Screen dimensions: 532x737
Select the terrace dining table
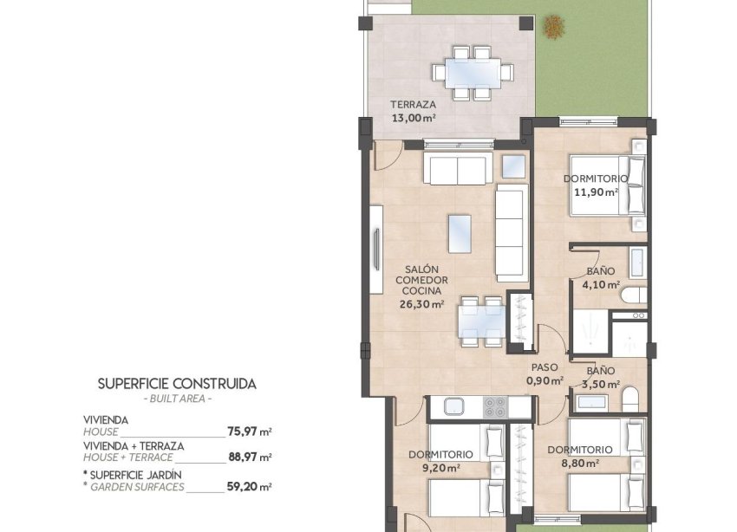point(473,70)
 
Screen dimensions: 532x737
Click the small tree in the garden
point(551,27)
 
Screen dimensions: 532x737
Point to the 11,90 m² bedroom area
point(595,191)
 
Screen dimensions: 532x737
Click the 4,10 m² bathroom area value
point(601,284)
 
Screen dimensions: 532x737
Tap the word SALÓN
point(421,269)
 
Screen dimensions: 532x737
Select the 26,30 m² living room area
point(421,304)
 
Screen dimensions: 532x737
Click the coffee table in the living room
point(460,232)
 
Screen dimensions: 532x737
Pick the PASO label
point(545,367)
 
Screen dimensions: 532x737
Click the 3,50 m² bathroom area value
point(601,384)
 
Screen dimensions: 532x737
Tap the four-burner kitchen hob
point(495,406)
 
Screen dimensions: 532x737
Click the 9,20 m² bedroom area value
point(440,467)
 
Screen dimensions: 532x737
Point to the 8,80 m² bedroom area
point(580,463)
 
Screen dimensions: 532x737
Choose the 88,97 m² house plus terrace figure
point(250,457)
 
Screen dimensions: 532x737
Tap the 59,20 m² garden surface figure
point(250,487)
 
